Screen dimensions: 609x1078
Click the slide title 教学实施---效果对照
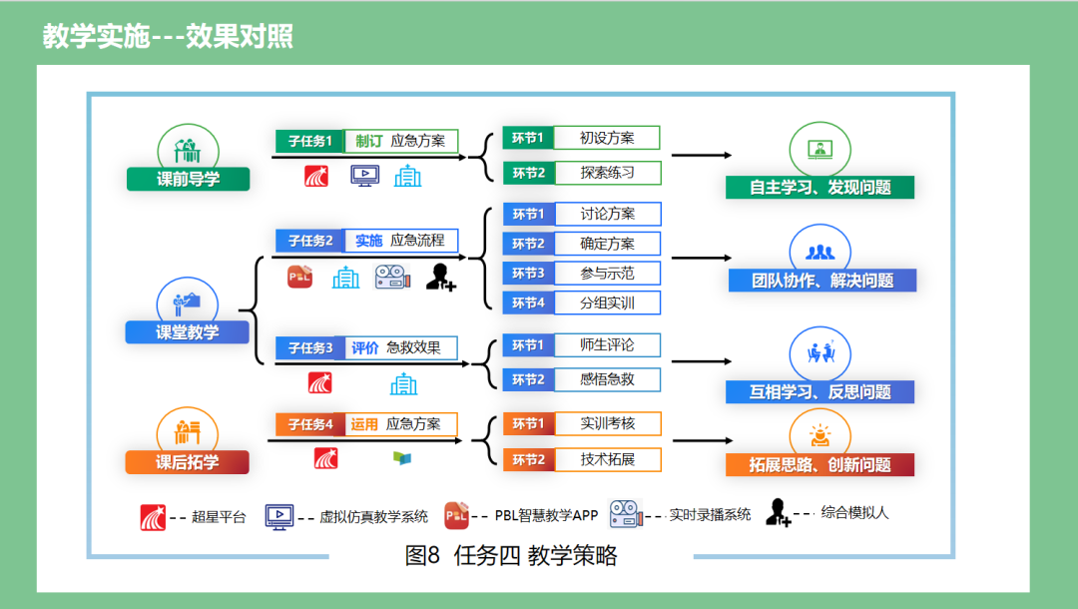point(168,37)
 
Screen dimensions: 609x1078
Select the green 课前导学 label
point(188,180)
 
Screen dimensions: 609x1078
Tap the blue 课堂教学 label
point(187,332)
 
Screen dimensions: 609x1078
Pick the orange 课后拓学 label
point(187,462)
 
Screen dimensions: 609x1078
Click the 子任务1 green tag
point(309,141)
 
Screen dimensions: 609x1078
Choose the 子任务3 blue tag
point(309,347)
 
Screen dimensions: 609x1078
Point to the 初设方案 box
point(607,138)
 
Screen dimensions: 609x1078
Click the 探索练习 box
point(607,173)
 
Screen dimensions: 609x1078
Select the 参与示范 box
point(607,273)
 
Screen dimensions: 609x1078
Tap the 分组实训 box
point(607,303)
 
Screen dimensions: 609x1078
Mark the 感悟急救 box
point(607,378)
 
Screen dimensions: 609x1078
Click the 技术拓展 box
point(607,459)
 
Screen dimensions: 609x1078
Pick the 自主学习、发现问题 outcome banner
point(820,187)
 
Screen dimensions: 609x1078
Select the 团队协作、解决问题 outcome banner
point(820,281)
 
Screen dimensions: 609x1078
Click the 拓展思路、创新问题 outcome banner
point(820,464)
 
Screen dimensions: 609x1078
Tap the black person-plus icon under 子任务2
point(440,277)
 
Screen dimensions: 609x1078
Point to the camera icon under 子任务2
point(392,278)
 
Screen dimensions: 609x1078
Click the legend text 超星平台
point(218,517)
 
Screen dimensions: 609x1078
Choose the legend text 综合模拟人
point(854,513)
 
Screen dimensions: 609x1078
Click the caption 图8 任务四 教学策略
point(511,556)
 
